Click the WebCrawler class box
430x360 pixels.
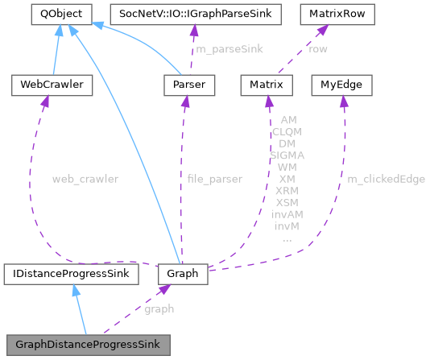(x=45, y=83)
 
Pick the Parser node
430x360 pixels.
(x=184, y=83)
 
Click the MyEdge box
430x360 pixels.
(x=341, y=83)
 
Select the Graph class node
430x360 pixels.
(x=184, y=274)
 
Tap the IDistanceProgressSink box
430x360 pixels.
(x=70, y=274)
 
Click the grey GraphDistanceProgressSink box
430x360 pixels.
(x=88, y=344)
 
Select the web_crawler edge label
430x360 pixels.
(x=85, y=179)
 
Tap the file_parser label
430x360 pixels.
(x=213, y=179)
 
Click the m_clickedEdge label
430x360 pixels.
(x=387, y=179)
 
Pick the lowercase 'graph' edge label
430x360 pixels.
(x=159, y=308)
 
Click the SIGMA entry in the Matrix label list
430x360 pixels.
(x=287, y=155)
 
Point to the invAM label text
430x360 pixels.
(x=287, y=215)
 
